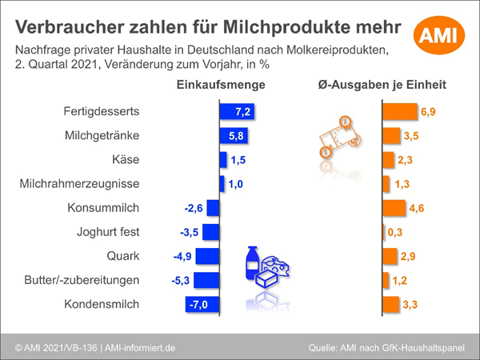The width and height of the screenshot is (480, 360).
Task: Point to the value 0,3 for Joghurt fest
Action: tap(394, 232)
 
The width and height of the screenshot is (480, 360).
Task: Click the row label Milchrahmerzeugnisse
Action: tap(79, 184)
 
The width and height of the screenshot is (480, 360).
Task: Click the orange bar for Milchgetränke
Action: tap(391, 135)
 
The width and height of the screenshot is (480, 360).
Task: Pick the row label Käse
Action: tap(126, 160)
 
